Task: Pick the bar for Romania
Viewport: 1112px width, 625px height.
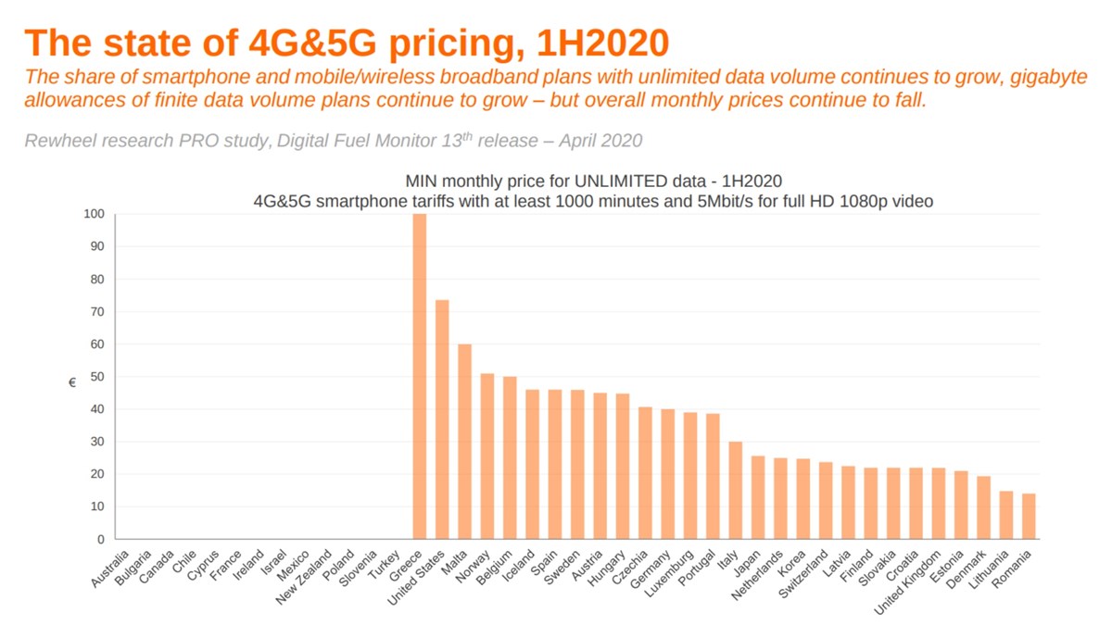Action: (1029, 516)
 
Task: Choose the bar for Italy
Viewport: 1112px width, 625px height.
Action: (735, 490)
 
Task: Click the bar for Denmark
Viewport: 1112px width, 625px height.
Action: (983, 507)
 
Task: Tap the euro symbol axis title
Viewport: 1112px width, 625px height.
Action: (72, 382)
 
